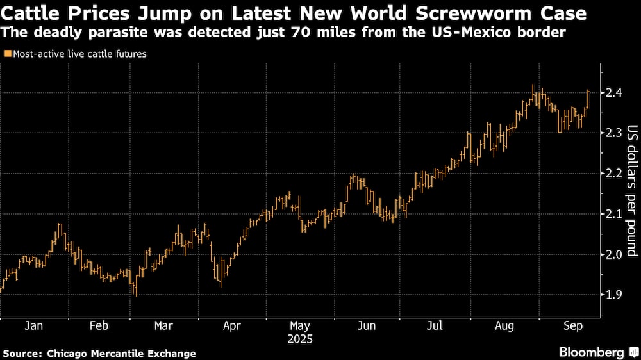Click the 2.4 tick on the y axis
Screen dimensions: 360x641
point(613,93)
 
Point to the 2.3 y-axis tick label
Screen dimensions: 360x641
point(613,133)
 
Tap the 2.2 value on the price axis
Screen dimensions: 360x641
point(613,174)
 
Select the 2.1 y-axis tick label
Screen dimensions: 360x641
point(613,214)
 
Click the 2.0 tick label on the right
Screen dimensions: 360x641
point(613,254)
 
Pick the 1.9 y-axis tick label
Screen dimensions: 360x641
point(613,295)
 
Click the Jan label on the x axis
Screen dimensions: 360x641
point(33,325)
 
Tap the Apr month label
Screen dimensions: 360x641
point(232,325)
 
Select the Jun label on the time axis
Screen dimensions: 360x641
point(366,325)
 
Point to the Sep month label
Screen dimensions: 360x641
point(572,325)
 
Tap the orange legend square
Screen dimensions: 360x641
point(6,54)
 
